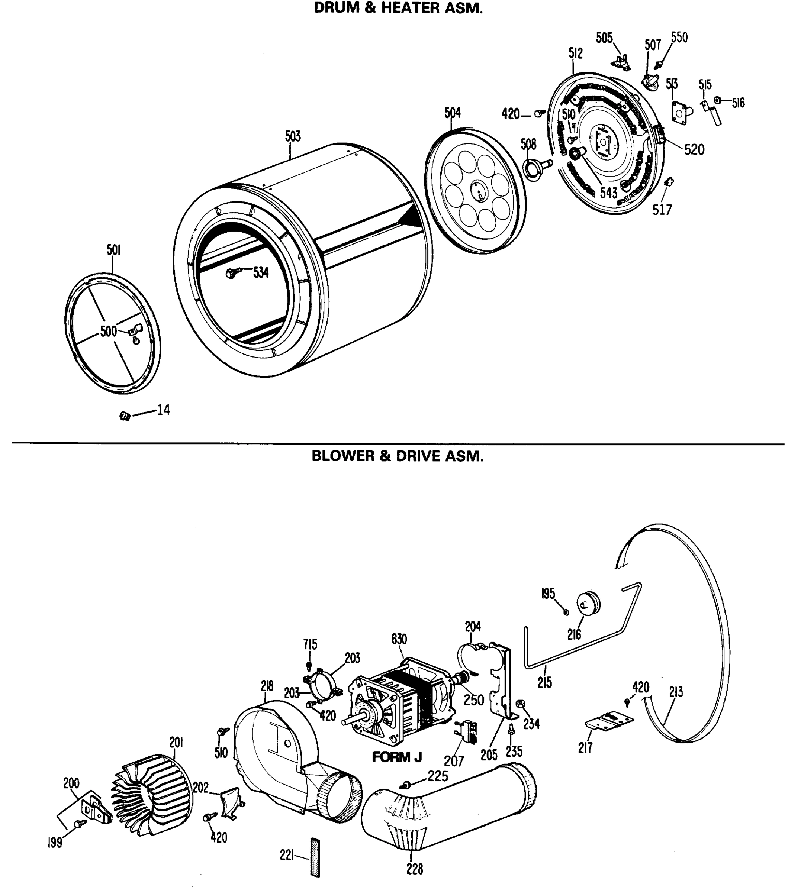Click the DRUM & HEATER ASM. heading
tap(398, 8)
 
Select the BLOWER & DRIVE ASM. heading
tap(398, 456)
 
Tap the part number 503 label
tap(293, 136)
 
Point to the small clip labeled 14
tap(125, 416)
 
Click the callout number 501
tap(113, 250)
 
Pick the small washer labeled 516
tap(717, 101)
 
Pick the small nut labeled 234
tap(520, 703)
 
